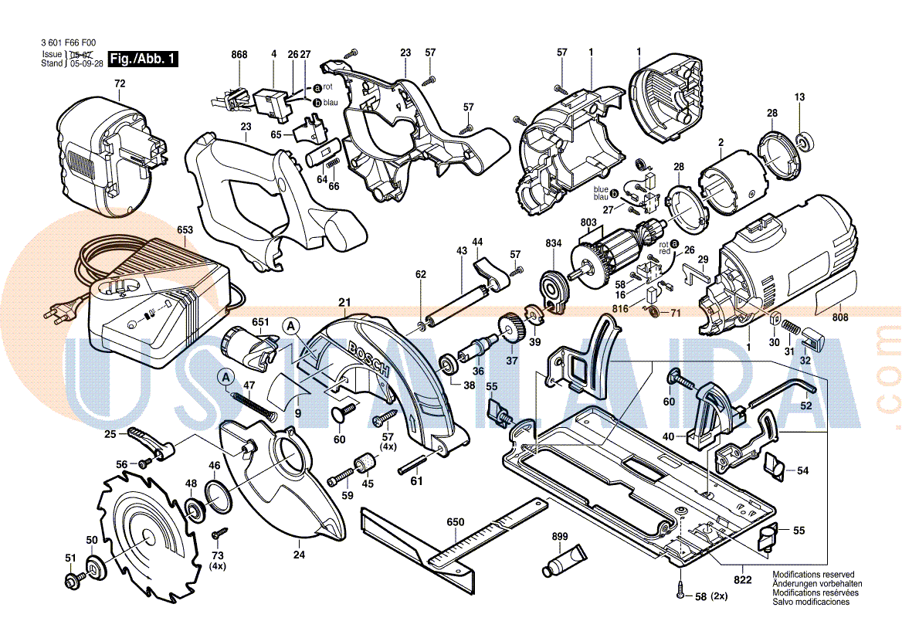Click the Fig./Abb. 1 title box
(144, 59)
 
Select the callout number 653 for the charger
(185, 229)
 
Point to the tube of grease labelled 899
(567, 560)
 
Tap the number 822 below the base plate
(743, 579)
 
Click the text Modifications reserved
(813, 575)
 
